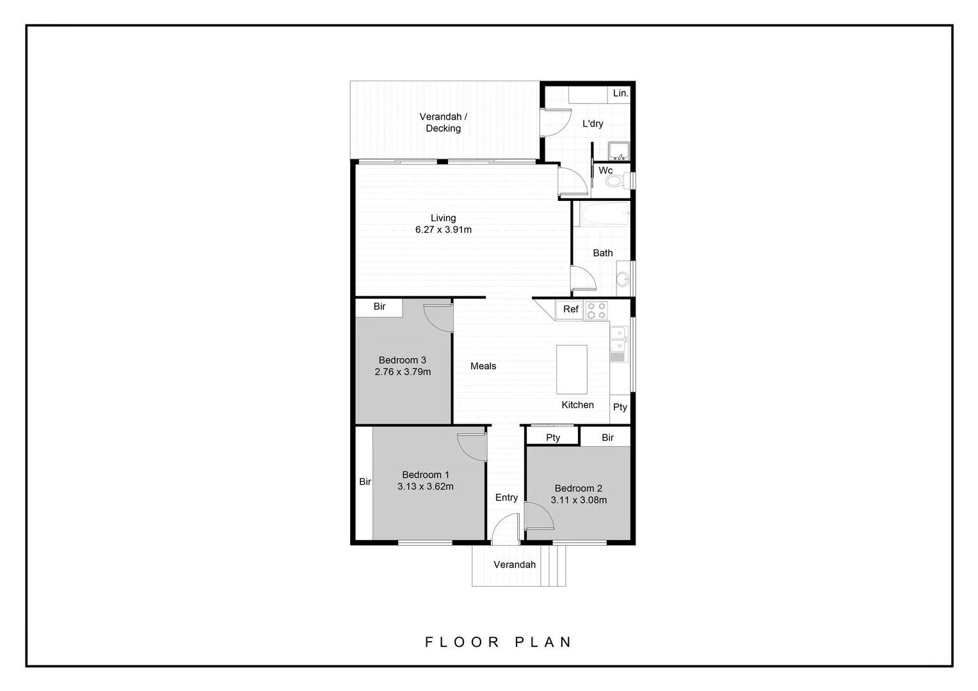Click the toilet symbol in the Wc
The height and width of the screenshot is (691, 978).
point(615,182)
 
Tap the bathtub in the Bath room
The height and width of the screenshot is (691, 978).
point(604,214)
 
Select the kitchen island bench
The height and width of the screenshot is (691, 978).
point(572,370)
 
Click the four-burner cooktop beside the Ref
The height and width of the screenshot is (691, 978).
point(597,310)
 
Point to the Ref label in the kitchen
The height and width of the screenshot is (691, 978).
point(570,309)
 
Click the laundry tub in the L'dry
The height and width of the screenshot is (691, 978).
point(618,152)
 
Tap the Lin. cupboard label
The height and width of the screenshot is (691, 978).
point(620,93)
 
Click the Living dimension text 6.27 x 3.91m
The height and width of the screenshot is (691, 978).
point(443,230)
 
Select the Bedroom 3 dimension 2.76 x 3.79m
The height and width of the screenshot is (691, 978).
point(403,372)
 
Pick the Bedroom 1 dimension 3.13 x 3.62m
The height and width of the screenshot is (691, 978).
point(425,486)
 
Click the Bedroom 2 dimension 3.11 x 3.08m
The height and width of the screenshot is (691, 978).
point(579,500)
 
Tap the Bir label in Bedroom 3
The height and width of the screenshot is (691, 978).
point(380,306)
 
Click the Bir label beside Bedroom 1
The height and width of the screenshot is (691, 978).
point(365,482)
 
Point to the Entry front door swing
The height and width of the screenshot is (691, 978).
point(505,528)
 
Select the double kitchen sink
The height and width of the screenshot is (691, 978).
point(618,340)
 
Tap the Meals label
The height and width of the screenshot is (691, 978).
point(483,366)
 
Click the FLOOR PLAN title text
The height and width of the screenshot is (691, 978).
point(499,642)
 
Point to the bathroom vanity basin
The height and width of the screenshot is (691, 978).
point(623,279)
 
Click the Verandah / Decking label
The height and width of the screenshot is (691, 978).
point(443,122)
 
